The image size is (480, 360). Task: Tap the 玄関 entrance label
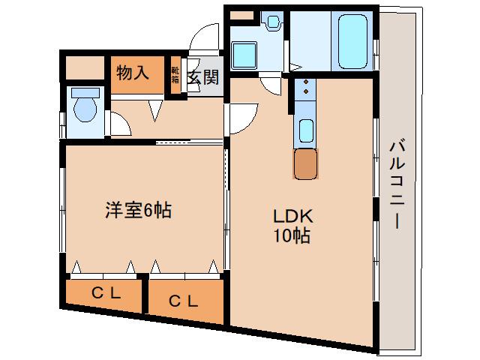click(202, 76)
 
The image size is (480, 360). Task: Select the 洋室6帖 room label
click(138, 211)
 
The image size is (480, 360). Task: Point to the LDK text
click(287, 217)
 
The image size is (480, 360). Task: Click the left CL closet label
click(106, 294)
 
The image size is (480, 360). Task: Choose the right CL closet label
click(184, 301)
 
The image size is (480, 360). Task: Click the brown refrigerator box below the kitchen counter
click(306, 164)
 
